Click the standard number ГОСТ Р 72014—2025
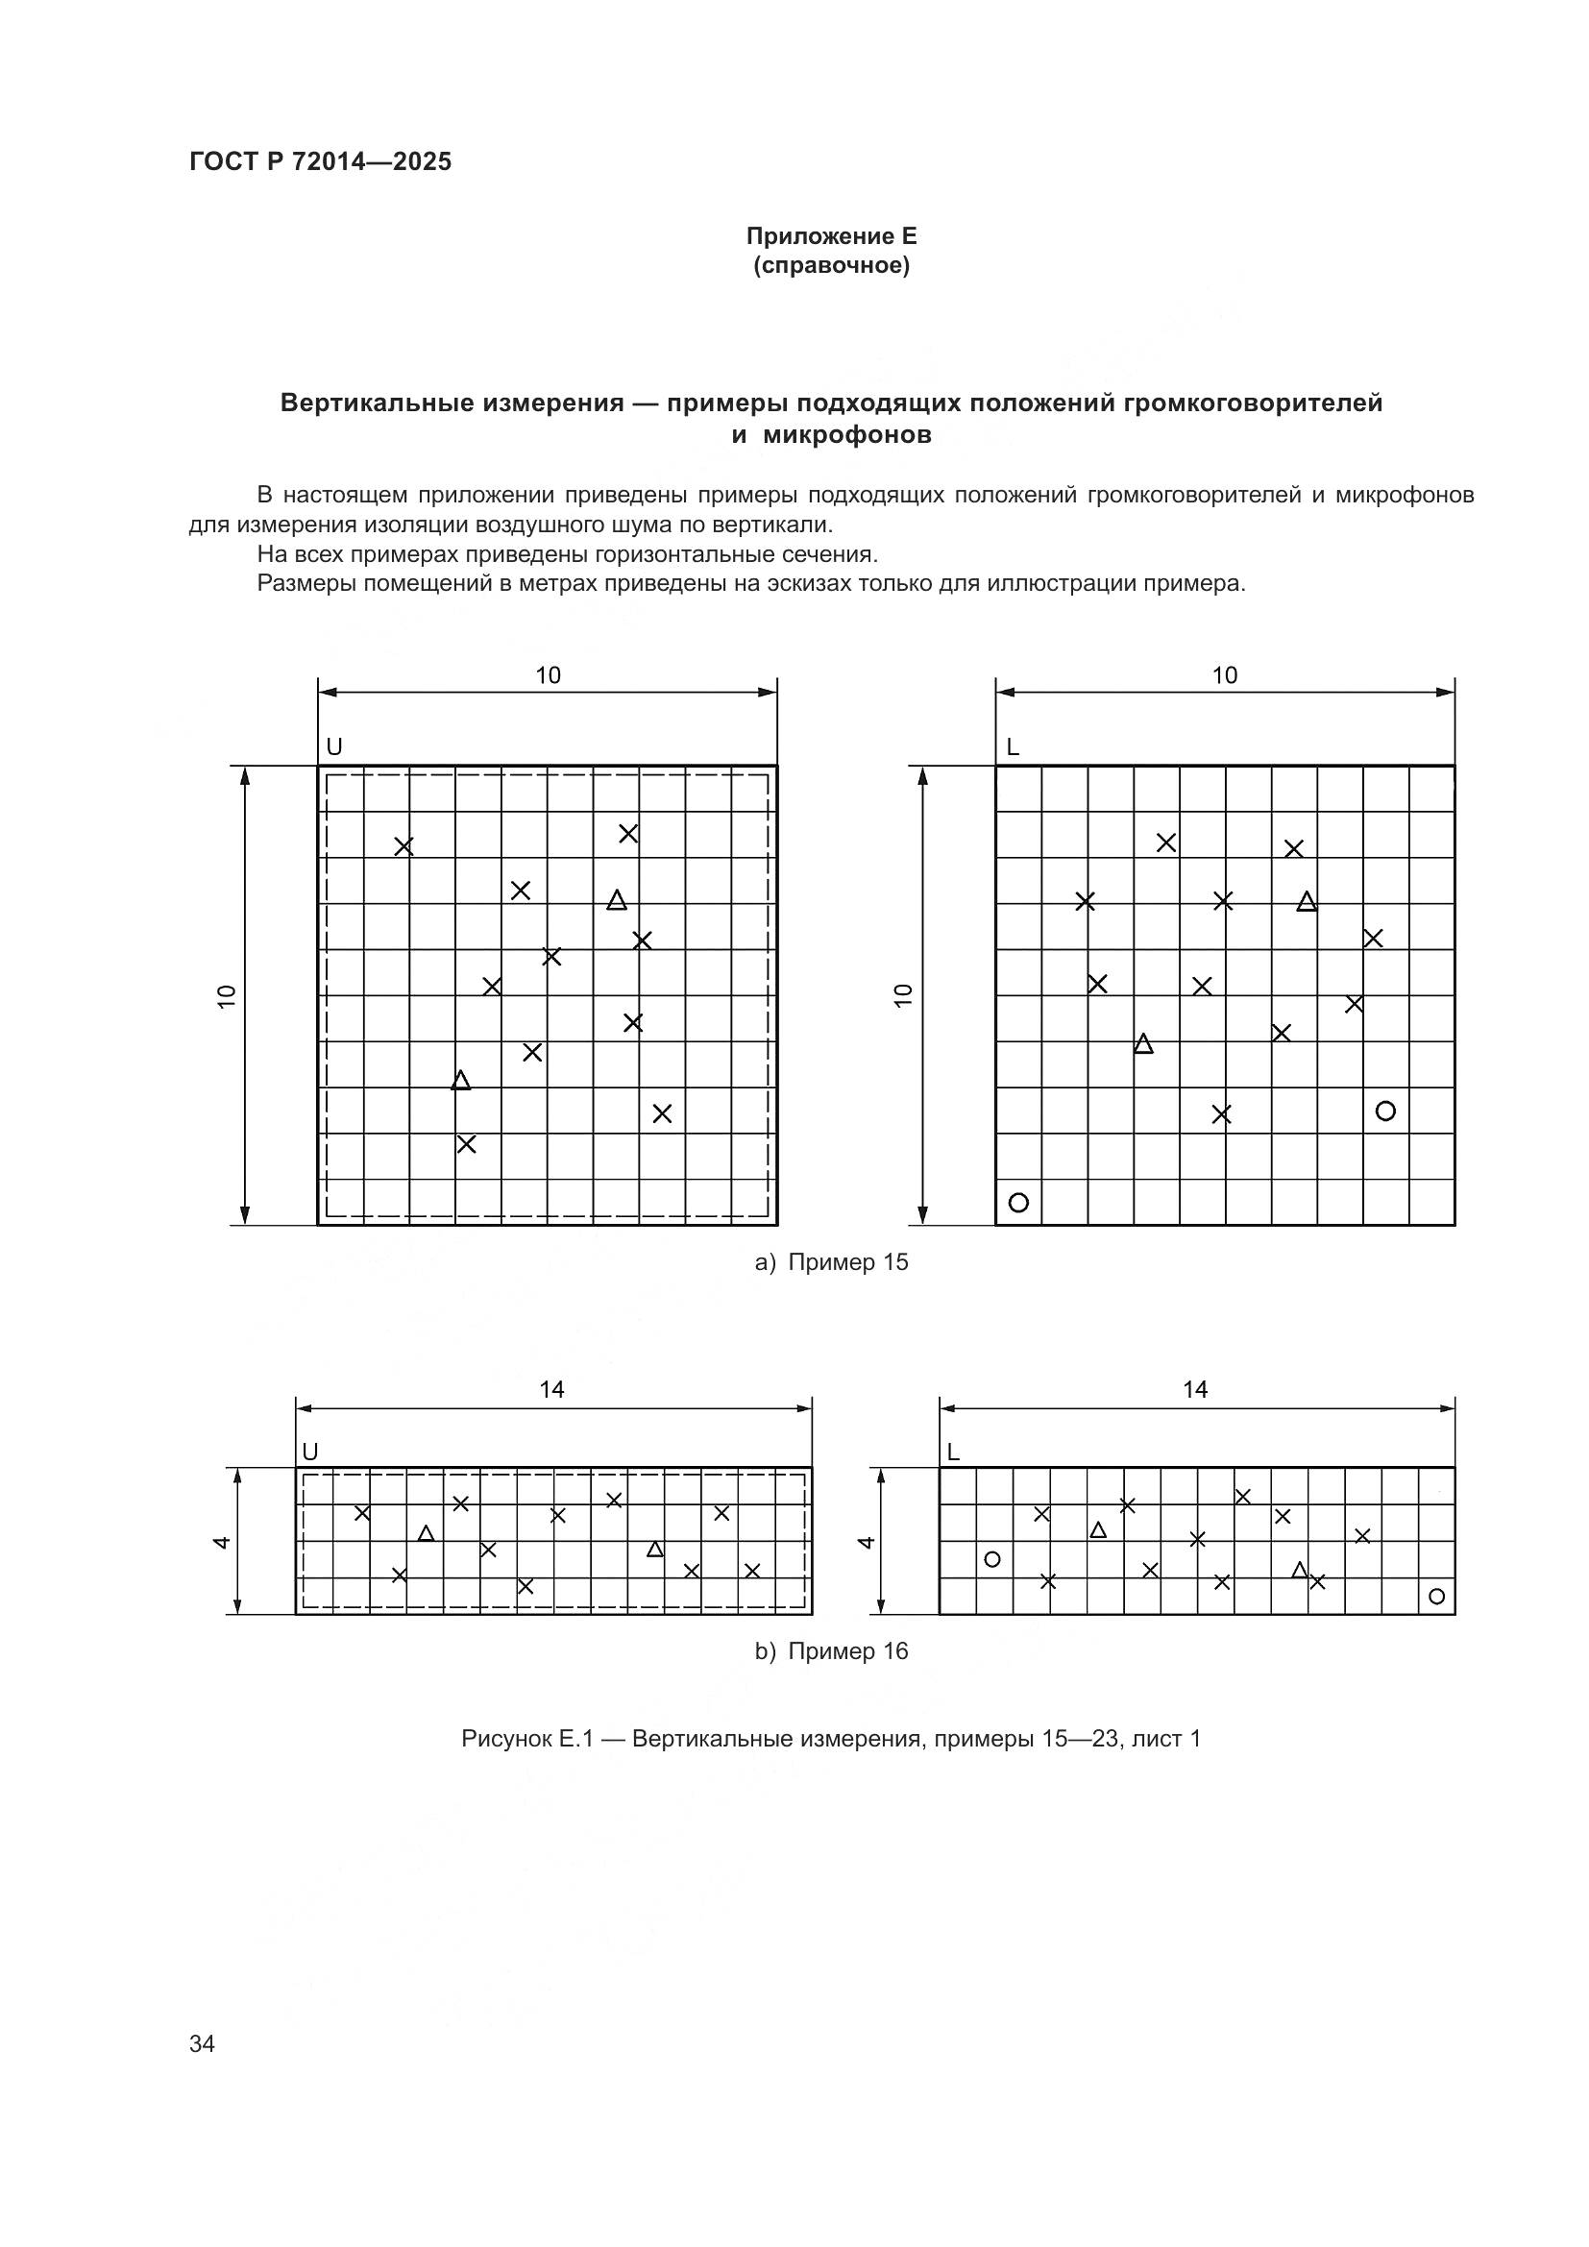coord(320,162)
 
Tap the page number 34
coord(202,2043)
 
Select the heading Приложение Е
coord(831,236)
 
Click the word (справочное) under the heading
coord(831,266)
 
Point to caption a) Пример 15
coord(831,1262)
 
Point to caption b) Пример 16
coord(831,1651)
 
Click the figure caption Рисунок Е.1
coord(831,1738)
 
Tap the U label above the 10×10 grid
coord(333,747)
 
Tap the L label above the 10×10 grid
coord(1012,747)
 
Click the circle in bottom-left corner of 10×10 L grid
coord(1017,1203)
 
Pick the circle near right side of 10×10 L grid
coord(1384,1111)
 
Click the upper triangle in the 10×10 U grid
coord(617,900)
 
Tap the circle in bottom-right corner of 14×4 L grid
coord(1436,1597)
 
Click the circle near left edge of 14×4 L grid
coord(991,1559)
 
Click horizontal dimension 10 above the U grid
coord(548,675)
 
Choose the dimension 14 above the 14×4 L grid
coord(1195,1390)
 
